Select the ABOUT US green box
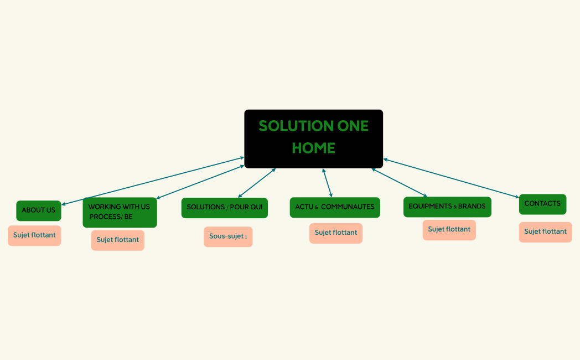pyautogui.click(x=39, y=210)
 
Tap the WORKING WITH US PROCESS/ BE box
pyautogui.click(x=120, y=212)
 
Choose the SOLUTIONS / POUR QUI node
pyautogui.click(x=224, y=208)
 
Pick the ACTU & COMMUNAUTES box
pyautogui.click(x=334, y=207)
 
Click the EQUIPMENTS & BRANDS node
pyautogui.click(x=447, y=207)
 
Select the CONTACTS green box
pyautogui.click(x=542, y=204)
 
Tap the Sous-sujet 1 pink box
pyautogui.click(x=228, y=236)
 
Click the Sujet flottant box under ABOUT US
pyautogui.click(x=34, y=235)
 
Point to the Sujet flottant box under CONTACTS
pyautogui.click(x=545, y=232)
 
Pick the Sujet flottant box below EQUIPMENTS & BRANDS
pyautogui.click(x=449, y=230)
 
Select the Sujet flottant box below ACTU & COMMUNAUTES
pyautogui.click(x=335, y=233)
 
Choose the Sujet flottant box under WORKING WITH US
pyautogui.click(x=117, y=240)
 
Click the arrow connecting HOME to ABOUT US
pyautogui.click(x=152, y=181)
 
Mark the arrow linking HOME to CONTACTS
pyautogui.click(x=451, y=178)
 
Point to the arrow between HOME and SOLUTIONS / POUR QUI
pyautogui.click(x=257, y=182)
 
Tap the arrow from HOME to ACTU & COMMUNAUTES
pyautogui.click(x=328, y=183)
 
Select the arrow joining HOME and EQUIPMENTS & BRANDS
pyautogui.click(x=399, y=182)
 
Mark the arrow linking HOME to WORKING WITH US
pyautogui.click(x=200, y=182)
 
